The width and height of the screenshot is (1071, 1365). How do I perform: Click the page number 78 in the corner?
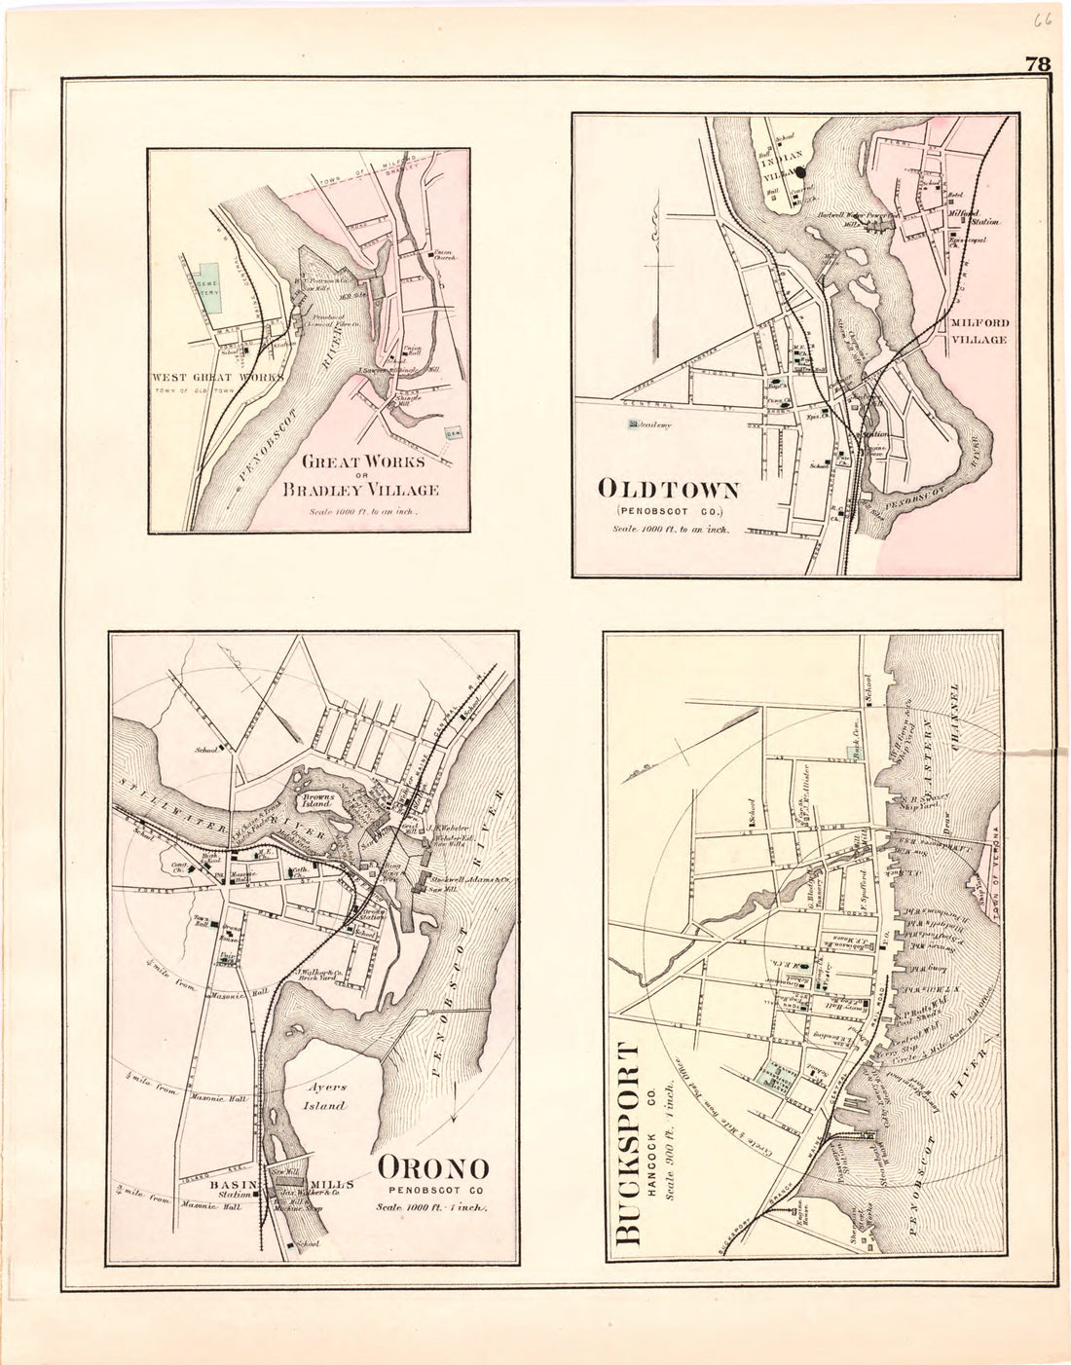coord(1036,65)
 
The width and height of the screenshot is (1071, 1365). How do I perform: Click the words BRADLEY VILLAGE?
coord(360,490)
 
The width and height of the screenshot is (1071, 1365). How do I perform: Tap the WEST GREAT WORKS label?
coord(217,376)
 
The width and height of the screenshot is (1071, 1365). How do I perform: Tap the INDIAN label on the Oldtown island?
coord(787,155)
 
